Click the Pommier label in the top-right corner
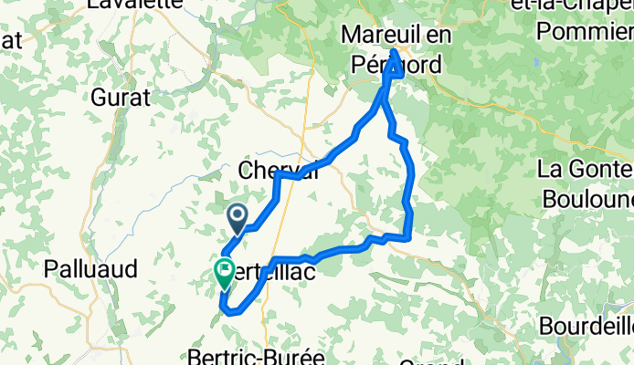[x=586, y=32]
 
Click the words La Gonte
[x=586, y=169]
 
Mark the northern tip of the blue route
[x=395, y=50]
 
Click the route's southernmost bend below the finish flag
[x=233, y=311]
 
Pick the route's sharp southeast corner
[x=408, y=237]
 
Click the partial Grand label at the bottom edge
[x=429, y=359]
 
